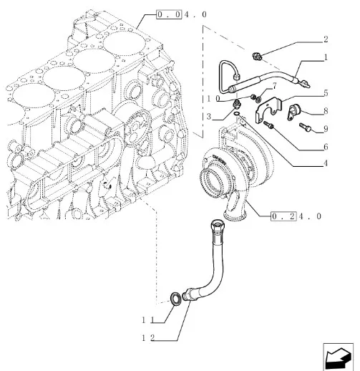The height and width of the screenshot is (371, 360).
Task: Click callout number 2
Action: tap(326, 39)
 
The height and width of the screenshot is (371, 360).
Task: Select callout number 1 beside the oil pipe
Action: tap(326, 57)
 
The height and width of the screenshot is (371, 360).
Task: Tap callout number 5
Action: tap(326, 93)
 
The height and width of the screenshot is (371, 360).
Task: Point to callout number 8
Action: tap(326, 111)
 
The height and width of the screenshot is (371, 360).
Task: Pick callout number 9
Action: tap(326, 129)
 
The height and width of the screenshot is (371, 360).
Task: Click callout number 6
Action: tap(326, 147)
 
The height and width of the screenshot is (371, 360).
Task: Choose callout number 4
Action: tap(326, 163)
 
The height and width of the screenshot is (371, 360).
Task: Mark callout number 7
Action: tap(274, 86)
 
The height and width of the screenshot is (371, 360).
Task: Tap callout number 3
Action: tap(209, 117)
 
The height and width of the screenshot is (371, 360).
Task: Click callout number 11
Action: tap(148, 320)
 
